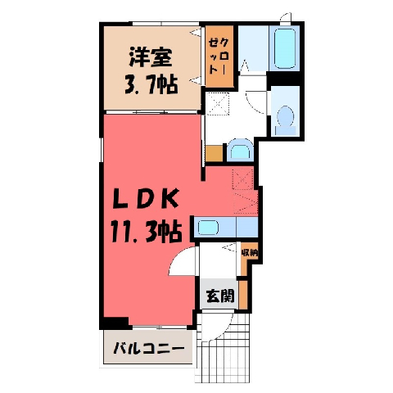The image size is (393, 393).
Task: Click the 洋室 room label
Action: pyautogui.click(x=151, y=57)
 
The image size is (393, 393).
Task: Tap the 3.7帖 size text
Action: pyautogui.click(x=151, y=84)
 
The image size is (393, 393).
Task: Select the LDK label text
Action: pyautogui.click(x=146, y=199)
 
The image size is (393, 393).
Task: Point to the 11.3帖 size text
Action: pyautogui.click(x=146, y=233)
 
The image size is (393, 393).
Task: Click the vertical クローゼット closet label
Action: pyautogui.click(x=219, y=56)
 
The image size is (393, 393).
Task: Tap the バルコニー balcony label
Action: pyautogui.click(x=148, y=348)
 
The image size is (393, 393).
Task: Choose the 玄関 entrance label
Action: pyautogui.click(x=220, y=296)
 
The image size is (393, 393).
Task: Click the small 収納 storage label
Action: pyautogui.click(x=249, y=252)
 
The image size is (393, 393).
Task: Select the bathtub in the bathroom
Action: pyautogui.click(x=285, y=48)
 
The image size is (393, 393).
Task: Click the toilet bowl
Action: pyautogui.click(x=285, y=116)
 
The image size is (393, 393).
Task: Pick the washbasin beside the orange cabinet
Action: pyautogui.click(x=241, y=150)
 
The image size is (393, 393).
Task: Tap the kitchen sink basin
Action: pyautogui.click(x=208, y=228)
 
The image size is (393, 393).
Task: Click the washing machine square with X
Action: pyautogui.click(x=217, y=103)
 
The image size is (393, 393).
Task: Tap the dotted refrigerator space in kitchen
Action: pyautogui.click(x=243, y=178)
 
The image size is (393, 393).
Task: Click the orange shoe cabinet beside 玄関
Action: pyautogui.click(x=243, y=295)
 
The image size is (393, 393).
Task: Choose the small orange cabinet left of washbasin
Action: pyautogui.click(x=215, y=153)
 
